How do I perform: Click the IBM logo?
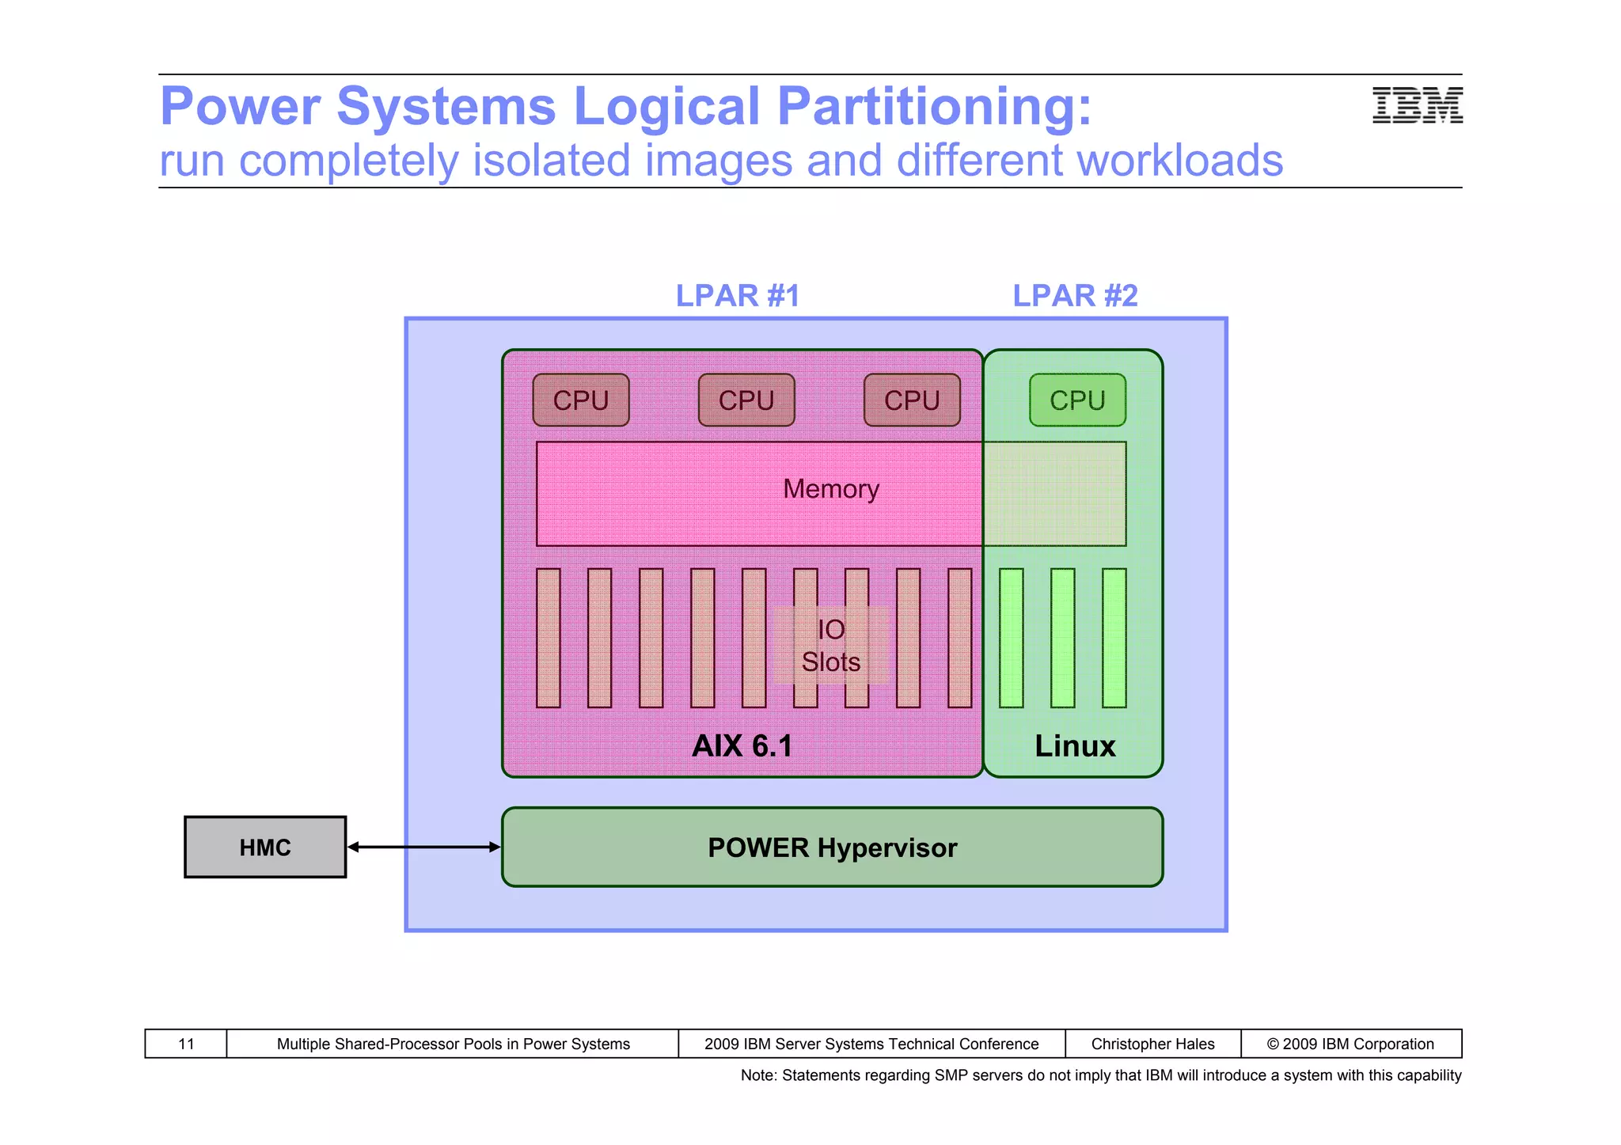click(x=1417, y=105)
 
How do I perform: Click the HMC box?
click(x=265, y=847)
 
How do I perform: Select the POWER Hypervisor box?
click(x=832, y=847)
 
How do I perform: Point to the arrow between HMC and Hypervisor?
click(x=424, y=847)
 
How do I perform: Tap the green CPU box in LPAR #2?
click(x=1077, y=400)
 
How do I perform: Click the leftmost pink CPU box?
click(x=581, y=400)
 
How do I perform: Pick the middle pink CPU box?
click(x=746, y=400)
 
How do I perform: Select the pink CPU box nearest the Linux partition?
click(x=912, y=400)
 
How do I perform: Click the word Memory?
click(x=831, y=489)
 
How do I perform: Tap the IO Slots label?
click(x=831, y=646)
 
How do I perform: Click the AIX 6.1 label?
click(x=742, y=746)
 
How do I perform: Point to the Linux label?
click(x=1075, y=746)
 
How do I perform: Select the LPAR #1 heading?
click(x=738, y=296)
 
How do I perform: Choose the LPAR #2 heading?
click(x=1075, y=296)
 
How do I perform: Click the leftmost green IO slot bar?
click(x=1011, y=638)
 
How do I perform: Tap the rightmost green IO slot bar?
click(x=1114, y=638)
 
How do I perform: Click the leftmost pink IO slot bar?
click(x=548, y=638)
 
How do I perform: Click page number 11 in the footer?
click(x=186, y=1044)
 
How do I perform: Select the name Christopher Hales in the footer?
click(x=1152, y=1044)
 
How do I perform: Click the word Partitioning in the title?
click(x=934, y=107)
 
